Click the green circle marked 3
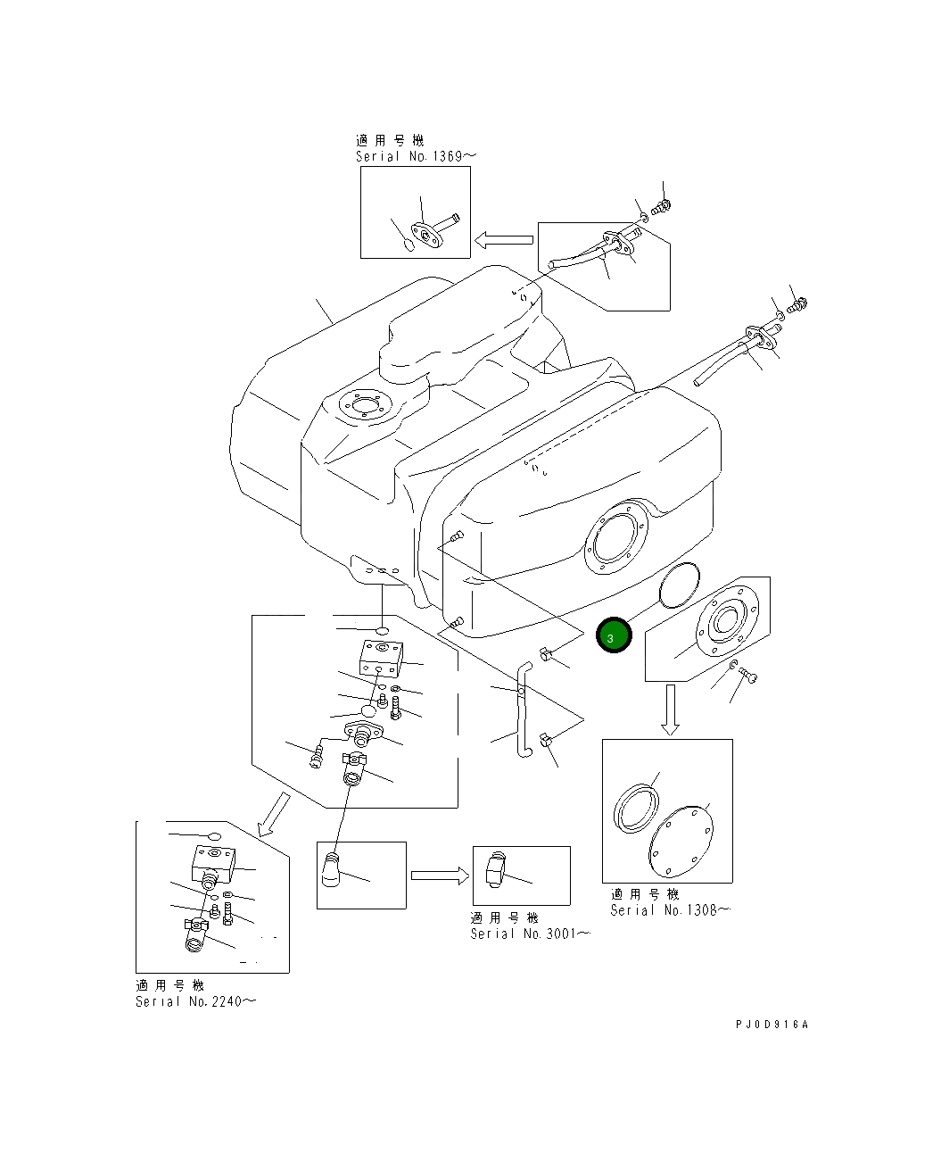point(614,636)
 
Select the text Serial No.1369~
point(416,156)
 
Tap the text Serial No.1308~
point(670,910)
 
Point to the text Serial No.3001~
point(530,934)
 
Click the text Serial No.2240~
point(195,1001)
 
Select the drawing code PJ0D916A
point(771,1025)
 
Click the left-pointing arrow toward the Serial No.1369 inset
point(504,239)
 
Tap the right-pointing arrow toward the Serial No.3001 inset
point(440,876)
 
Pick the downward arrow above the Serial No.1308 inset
point(671,710)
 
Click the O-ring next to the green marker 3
point(679,585)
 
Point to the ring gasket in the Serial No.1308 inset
point(637,808)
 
